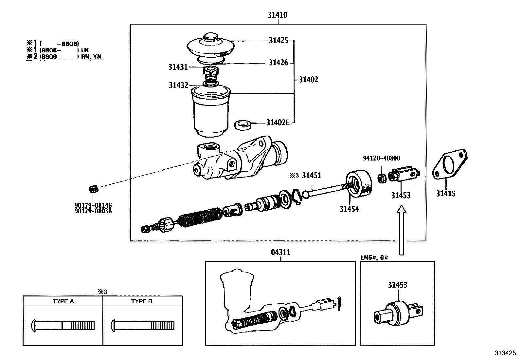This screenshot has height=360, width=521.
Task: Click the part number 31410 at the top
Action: pos(278,15)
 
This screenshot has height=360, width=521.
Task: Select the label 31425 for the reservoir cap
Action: pos(278,40)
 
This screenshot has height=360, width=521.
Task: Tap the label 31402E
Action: pos(278,123)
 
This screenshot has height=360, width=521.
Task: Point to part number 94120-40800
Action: pos(381,158)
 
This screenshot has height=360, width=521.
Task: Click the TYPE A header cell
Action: pos(63,301)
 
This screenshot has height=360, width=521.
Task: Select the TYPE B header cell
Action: pos(142,301)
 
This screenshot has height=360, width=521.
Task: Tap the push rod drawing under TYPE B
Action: pos(142,325)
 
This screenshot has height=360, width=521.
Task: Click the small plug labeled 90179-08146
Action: pos(93,189)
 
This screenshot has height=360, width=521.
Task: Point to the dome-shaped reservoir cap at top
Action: pos(210,46)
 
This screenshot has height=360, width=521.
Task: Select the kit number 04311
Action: pos(280,253)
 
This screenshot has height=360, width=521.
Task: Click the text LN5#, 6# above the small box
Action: pos(374,257)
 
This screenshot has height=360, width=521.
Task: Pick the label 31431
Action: pos(178,67)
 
